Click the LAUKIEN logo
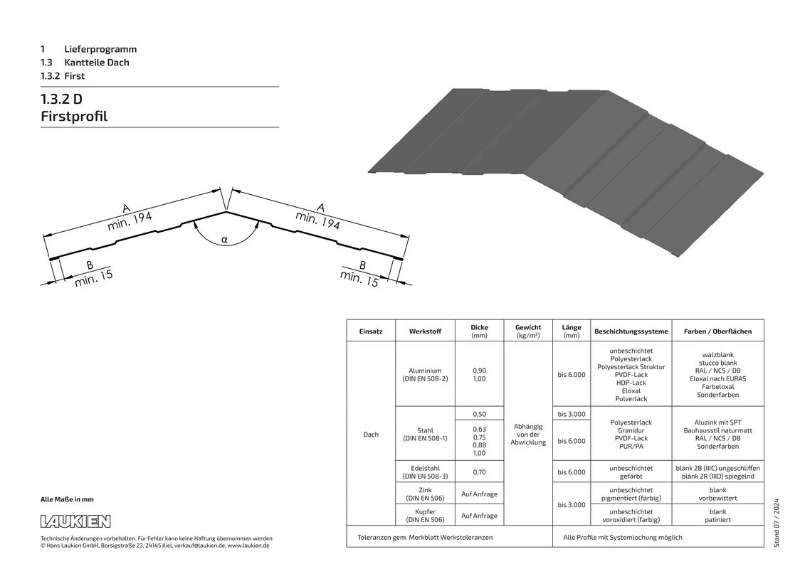pos(75,521)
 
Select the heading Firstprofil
pos(74,116)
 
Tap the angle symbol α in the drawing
pos(224,239)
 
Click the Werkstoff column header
pos(425,331)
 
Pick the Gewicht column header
pos(527,331)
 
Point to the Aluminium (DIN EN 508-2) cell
pos(425,375)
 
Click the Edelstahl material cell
pos(425,472)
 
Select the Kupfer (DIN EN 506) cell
pos(425,516)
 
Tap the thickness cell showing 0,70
pos(479,472)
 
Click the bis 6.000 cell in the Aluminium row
pos(572,375)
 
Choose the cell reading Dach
pos(371,434)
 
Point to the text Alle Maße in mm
pos(67,499)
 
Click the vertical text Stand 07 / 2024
pos(776,523)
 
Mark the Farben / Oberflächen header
pos(717,331)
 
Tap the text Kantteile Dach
pos(97,63)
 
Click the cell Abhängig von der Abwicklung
pos(527,434)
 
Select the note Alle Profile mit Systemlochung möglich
pos(623,537)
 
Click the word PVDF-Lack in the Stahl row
pos(631,438)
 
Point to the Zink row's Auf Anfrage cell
pos(479,494)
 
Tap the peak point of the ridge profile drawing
pos(226,211)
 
